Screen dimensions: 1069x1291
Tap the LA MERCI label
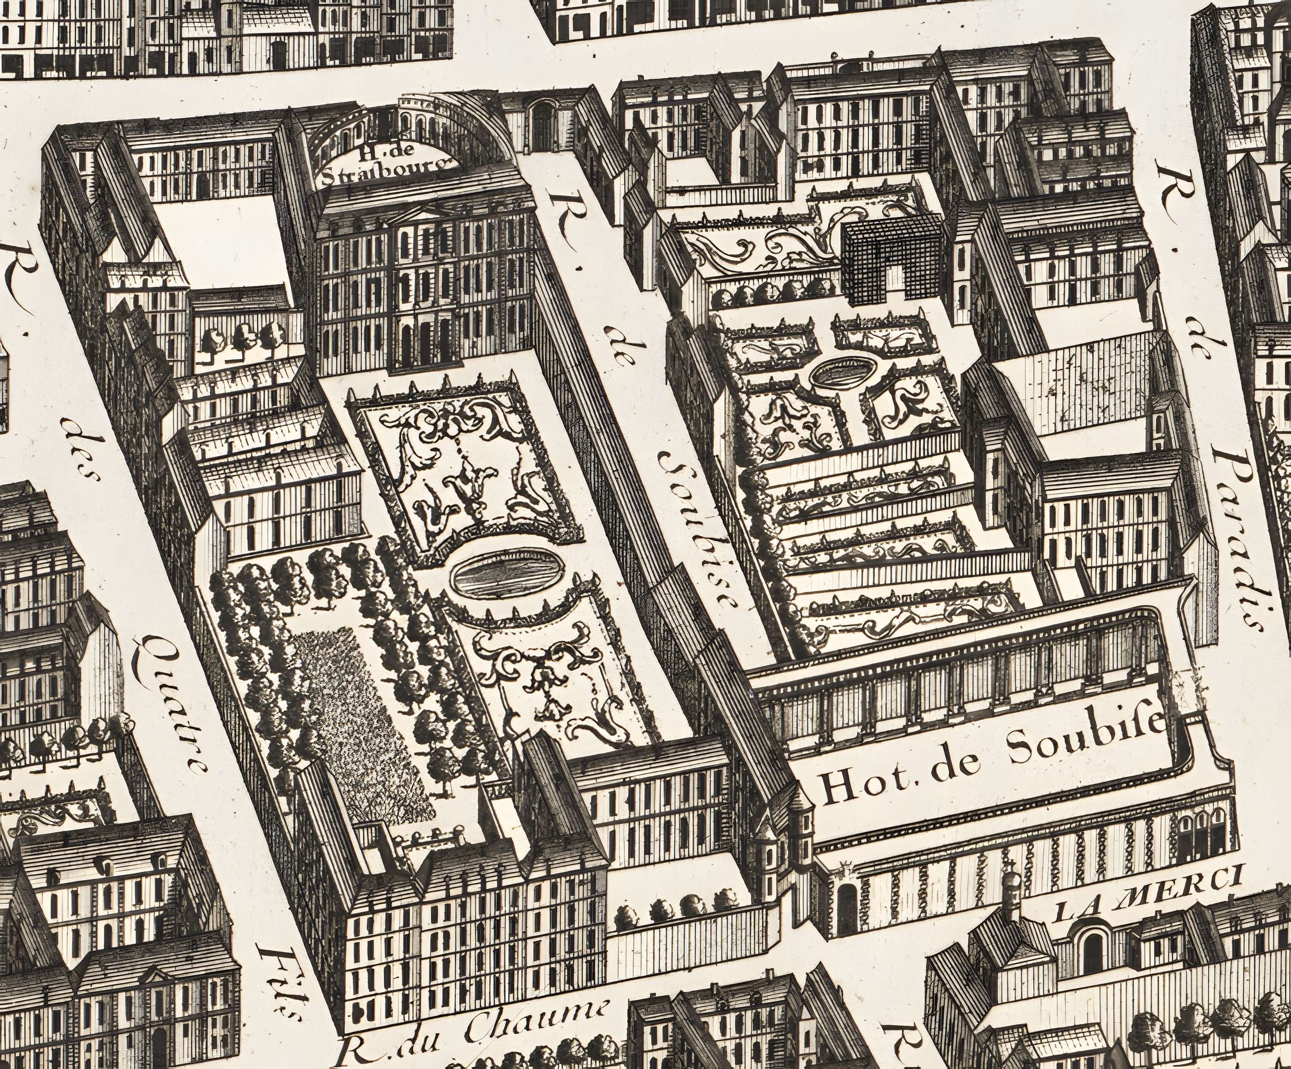pyautogui.click(x=1144, y=898)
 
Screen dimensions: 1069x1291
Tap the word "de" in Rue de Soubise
pyautogui.click(x=621, y=350)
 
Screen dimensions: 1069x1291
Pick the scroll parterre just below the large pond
pyautogui.click(x=553, y=682)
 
